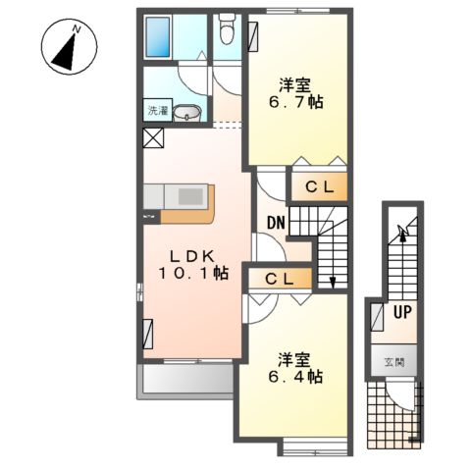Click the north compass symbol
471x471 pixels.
(x=69, y=46)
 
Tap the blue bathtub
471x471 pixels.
(x=158, y=37)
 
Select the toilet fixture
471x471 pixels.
(x=227, y=29)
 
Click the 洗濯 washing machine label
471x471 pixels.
(x=158, y=111)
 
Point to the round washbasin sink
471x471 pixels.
(x=186, y=113)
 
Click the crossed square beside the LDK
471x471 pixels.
(x=153, y=137)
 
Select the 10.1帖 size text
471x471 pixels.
(x=193, y=274)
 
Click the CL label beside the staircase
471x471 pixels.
(x=320, y=187)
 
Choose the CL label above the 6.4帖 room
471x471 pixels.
(x=279, y=280)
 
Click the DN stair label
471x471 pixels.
(x=276, y=223)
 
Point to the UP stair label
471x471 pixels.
(x=402, y=312)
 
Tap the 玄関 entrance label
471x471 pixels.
(x=394, y=362)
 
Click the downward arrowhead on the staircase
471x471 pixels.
(x=333, y=283)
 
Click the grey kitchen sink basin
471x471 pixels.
(x=190, y=197)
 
